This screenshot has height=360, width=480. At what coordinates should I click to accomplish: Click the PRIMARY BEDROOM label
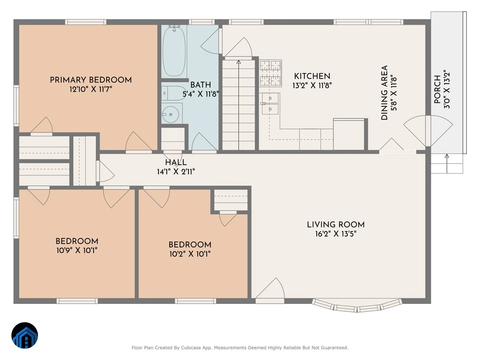pos(91,80)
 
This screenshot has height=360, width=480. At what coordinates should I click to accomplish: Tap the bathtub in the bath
pos(174,51)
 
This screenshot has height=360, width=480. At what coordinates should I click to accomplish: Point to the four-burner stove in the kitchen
pos(270,73)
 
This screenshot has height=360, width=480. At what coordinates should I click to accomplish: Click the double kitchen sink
pos(270,104)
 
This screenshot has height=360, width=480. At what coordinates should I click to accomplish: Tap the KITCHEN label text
pos(312,76)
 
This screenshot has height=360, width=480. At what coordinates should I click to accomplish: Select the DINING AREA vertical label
pos(384,93)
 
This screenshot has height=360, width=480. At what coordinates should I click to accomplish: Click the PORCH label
pos(437,89)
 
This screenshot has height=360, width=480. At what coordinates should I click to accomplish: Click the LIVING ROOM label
pos(336,225)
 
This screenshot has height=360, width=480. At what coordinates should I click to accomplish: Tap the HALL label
pos(176,162)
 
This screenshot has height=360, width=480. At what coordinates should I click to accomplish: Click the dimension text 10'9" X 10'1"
pos(77,250)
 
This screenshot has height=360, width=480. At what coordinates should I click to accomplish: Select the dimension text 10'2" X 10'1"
pos(190,254)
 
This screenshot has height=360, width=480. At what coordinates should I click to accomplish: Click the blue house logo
pos(25,335)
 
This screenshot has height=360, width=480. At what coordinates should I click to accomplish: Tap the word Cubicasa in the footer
pos(190,348)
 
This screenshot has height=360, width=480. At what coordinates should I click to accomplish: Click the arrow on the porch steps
pos(447,164)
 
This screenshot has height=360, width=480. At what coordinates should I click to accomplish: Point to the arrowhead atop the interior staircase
pos(238,62)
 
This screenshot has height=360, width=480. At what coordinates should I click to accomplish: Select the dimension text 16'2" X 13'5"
pos(336,234)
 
